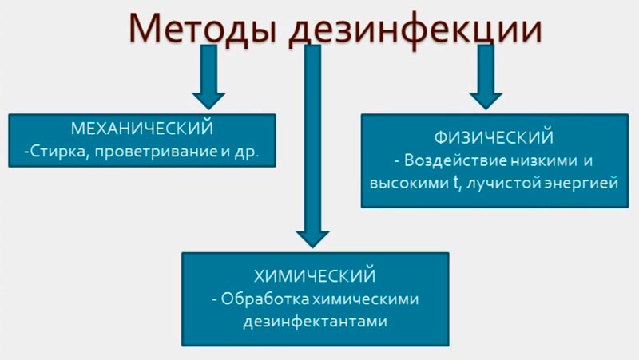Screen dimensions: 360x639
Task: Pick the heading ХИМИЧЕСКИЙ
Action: [x=315, y=276]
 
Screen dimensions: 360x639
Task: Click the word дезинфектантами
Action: [x=315, y=322]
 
